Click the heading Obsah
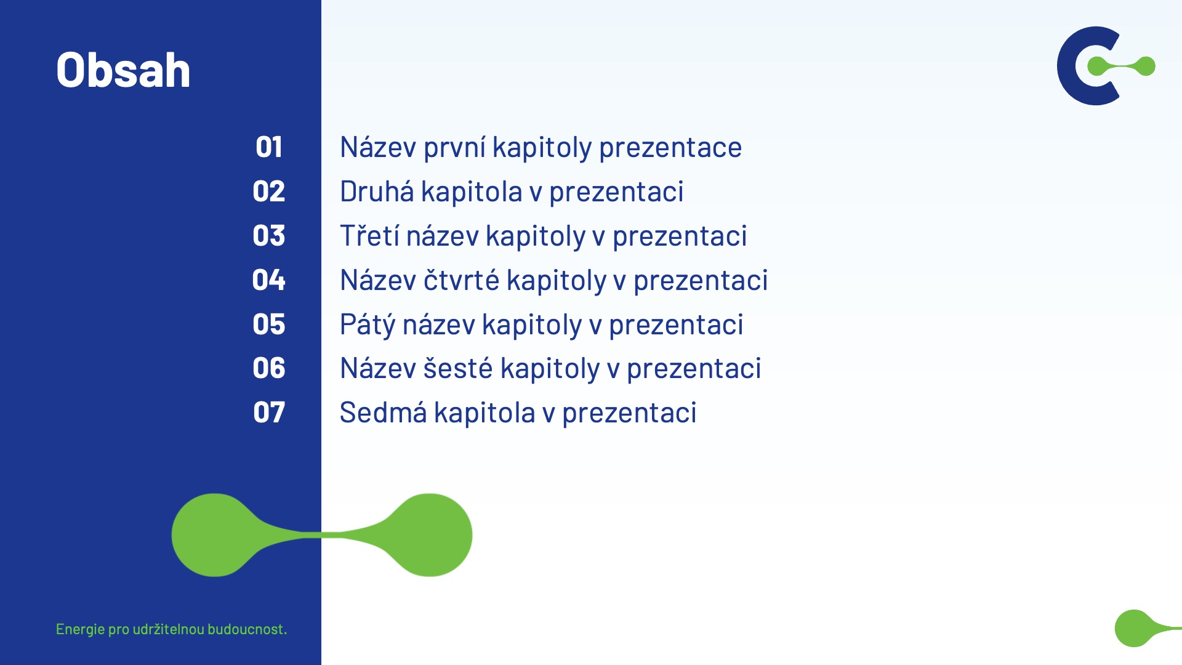(123, 70)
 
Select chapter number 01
(269, 147)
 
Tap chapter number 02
(269, 191)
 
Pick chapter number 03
(269, 236)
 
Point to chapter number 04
(269, 280)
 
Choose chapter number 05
(269, 324)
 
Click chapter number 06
(269, 368)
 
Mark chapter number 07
(269, 413)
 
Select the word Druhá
(377, 191)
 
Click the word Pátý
(367, 325)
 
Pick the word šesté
(458, 368)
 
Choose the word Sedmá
(383, 412)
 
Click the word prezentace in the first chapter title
(670, 148)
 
